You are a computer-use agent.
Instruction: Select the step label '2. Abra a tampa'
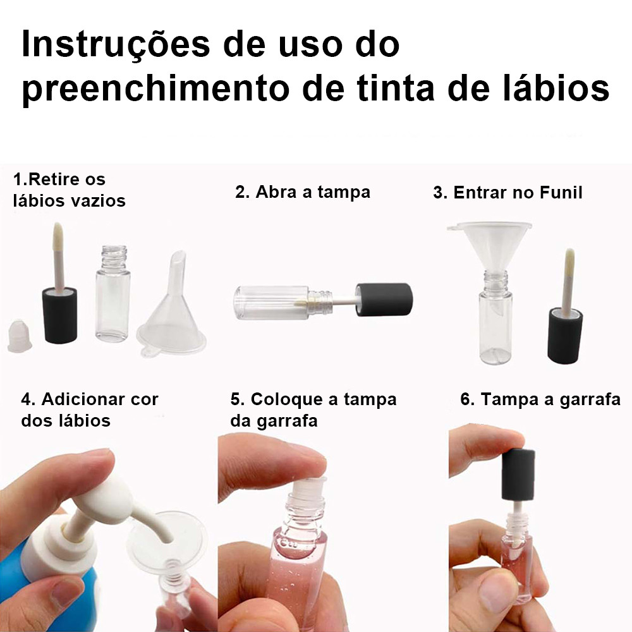tap(303, 192)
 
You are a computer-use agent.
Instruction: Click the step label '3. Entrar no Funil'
tap(508, 193)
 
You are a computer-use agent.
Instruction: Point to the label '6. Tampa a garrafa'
tap(540, 399)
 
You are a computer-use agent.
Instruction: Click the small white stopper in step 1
tap(20, 336)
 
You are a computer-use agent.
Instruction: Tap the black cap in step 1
tap(59, 315)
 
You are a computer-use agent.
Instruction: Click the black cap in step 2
tap(384, 300)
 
